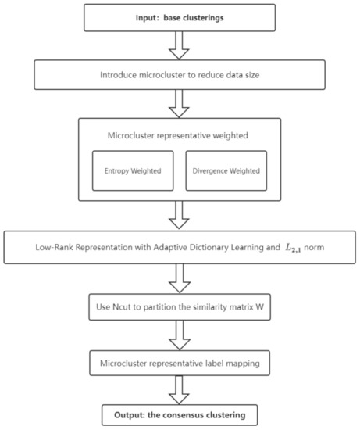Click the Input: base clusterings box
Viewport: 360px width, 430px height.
tap(179, 17)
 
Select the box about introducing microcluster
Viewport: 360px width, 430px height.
tap(179, 76)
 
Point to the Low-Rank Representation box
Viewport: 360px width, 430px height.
tap(179, 249)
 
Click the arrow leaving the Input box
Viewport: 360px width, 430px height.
tap(179, 46)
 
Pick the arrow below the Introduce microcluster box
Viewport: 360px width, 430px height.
tap(179, 102)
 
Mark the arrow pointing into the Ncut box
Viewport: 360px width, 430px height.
tap(179, 276)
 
